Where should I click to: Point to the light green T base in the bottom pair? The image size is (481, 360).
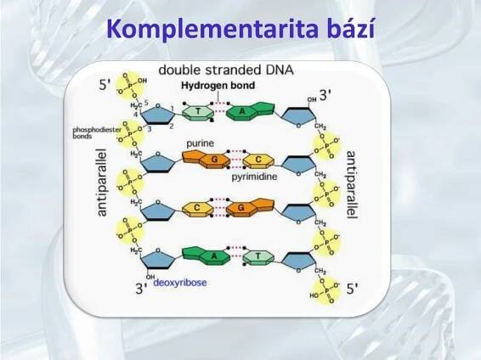click(x=255, y=255)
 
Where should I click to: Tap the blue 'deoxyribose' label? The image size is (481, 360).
click(x=180, y=284)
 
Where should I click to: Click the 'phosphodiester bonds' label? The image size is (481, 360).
click(x=93, y=133)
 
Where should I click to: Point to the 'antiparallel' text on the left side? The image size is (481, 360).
click(x=103, y=183)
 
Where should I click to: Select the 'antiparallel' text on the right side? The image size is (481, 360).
click(x=352, y=183)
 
